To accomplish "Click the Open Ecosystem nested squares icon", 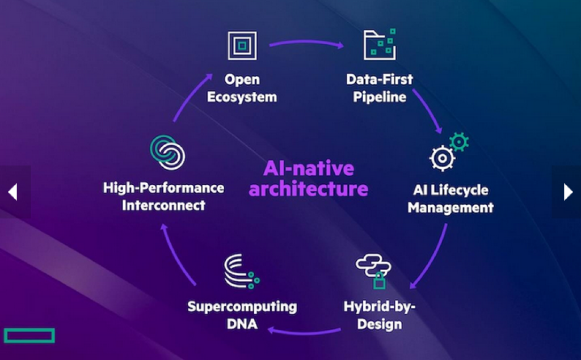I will (x=242, y=45).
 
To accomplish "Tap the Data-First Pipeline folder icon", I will (x=380, y=44).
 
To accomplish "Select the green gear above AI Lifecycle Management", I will (x=458, y=141).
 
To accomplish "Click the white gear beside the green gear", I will (x=443, y=158).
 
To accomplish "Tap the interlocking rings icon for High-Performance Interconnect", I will (x=168, y=152).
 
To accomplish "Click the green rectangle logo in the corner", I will (x=30, y=335).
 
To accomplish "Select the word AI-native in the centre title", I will (x=308, y=168).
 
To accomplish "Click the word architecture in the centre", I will (x=308, y=188).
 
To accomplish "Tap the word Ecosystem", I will (x=242, y=97).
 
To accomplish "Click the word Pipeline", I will (x=380, y=97).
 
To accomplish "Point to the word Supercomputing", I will (x=242, y=307).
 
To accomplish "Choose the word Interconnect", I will (x=163, y=205).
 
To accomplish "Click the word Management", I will (x=451, y=207).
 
